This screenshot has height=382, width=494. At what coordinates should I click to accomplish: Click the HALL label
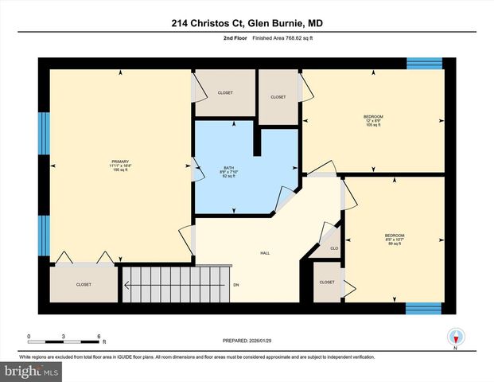[x=265, y=253]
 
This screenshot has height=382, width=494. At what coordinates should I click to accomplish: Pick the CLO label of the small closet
[x=334, y=248]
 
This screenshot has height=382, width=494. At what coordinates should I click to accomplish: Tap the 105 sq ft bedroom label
[x=374, y=121]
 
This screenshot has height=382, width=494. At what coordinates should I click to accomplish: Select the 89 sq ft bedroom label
[x=395, y=239]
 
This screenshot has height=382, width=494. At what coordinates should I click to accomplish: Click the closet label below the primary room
[x=84, y=284]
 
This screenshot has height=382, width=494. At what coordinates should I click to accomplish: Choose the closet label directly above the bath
[x=225, y=93]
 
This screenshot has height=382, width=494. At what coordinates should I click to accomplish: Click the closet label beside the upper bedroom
[x=278, y=97]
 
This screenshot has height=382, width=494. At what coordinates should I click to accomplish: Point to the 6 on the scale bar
[x=98, y=337]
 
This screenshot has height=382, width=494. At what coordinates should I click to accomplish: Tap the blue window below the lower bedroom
[x=423, y=308]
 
